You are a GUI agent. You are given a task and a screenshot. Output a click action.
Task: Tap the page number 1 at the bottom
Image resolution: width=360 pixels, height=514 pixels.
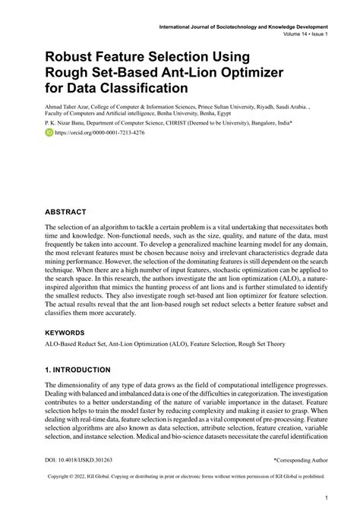click(x=325, y=499)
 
